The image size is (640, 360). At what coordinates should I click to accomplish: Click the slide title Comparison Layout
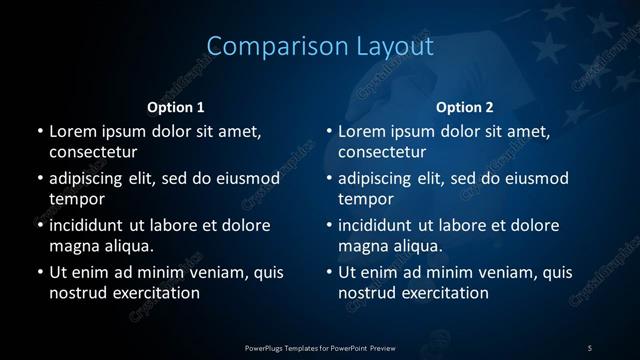tap(320, 46)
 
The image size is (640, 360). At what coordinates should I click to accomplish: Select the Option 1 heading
tap(176, 107)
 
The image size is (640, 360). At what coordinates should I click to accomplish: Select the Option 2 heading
tap(465, 107)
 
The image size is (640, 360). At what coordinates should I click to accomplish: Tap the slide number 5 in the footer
tap(590, 347)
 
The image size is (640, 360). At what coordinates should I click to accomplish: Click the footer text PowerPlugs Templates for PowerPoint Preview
tap(319, 347)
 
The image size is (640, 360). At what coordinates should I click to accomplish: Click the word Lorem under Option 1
tap(71, 131)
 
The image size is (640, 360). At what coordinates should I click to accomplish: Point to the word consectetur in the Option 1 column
tap(93, 152)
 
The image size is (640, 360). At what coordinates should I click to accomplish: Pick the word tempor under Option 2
tap(361, 199)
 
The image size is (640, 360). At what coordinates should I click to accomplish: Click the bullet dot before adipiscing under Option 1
tap(39, 179)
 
